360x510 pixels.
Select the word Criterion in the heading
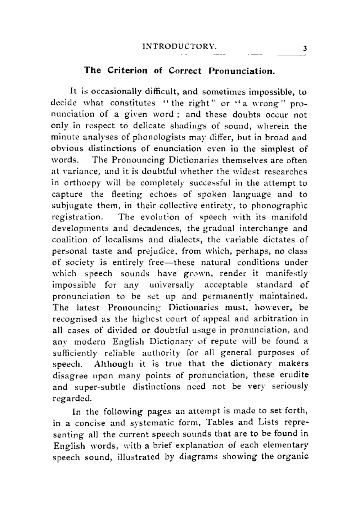click(x=127, y=70)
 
